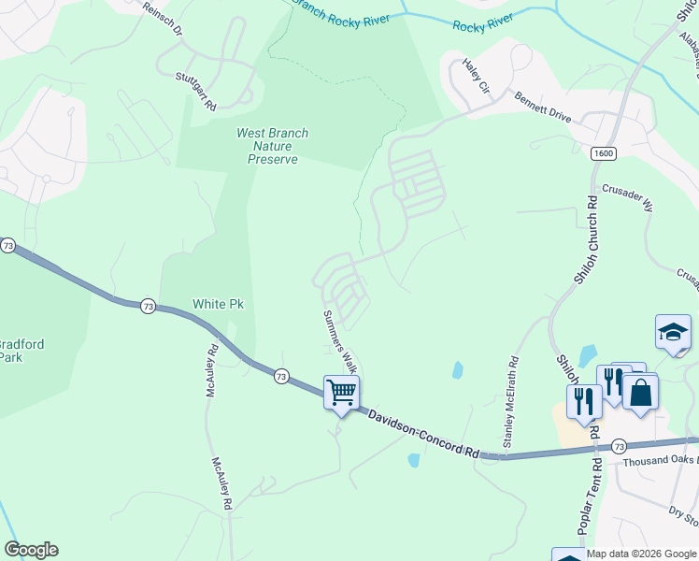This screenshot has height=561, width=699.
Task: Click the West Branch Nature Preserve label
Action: click(272, 147)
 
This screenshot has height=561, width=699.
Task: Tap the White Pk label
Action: click(218, 304)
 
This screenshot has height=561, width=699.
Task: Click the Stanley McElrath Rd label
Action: click(510, 401)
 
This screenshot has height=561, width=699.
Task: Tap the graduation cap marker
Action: click(673, 332)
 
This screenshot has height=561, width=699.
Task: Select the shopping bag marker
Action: click(641, 391)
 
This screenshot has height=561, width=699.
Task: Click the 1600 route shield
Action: click(603, 153)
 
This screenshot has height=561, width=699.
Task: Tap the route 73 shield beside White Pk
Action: click(148, 306)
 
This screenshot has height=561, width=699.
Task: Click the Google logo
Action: click(31, 550)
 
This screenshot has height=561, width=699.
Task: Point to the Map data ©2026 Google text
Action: click(641, 554)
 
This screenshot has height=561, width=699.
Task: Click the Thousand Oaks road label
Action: click(660, 460)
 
